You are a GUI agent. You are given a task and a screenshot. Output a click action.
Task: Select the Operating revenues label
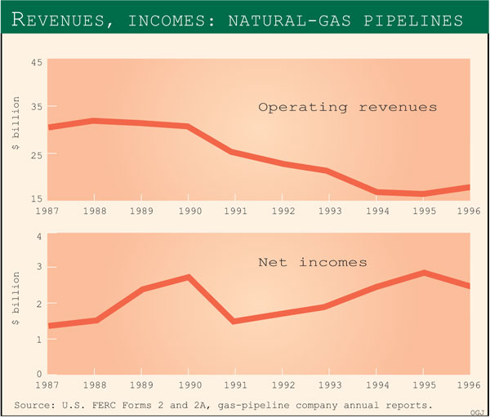click(x=347, y=107)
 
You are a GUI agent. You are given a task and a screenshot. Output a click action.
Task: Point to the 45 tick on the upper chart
click(x=37, y=61)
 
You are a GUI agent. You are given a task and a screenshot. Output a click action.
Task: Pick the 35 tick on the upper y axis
click(x=37, y=107)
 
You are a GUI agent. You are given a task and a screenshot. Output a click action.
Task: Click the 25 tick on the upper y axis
click(x=37, y=153)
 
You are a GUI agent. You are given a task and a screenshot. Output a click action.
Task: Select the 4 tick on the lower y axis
click(x=38, y=238)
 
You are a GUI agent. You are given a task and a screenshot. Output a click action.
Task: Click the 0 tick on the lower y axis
click(x=38, y=374)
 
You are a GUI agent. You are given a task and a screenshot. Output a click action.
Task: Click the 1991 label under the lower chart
click(x=235, y=385)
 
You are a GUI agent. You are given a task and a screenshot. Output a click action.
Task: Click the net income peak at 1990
click(x=189, y=277)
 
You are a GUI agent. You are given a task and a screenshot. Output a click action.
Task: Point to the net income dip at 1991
click(x=235, y=321)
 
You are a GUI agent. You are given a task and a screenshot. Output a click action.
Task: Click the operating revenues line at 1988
click(x=95, y=121)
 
